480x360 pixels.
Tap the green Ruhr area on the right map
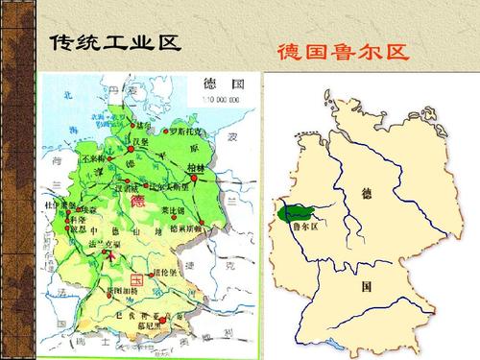click(286, 212)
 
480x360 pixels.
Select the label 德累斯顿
click(186, 228)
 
